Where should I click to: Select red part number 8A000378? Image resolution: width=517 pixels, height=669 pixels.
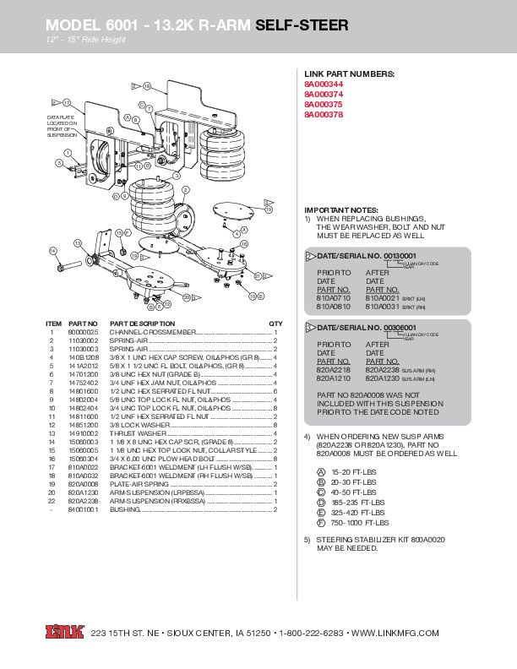(x=324, y=114)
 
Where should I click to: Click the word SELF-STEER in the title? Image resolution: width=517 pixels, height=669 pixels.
(x=302, y=25)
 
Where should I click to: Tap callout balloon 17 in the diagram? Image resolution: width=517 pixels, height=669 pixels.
(x=66, y=102)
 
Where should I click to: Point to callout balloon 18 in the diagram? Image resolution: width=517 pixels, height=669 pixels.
(x=146, y=87)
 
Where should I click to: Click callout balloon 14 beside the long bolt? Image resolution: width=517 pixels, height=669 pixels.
(x=52, y=251)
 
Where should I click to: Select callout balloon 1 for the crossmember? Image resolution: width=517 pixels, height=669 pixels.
(x=59, y=164)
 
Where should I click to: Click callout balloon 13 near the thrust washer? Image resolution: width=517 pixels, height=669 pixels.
(x=77, y=243)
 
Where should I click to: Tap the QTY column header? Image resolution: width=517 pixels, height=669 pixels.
(x=275, y=324)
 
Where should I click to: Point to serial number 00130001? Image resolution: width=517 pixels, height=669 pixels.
(x=400, y=255)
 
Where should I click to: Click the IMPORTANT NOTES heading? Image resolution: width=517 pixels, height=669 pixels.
(x=341, y=209)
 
